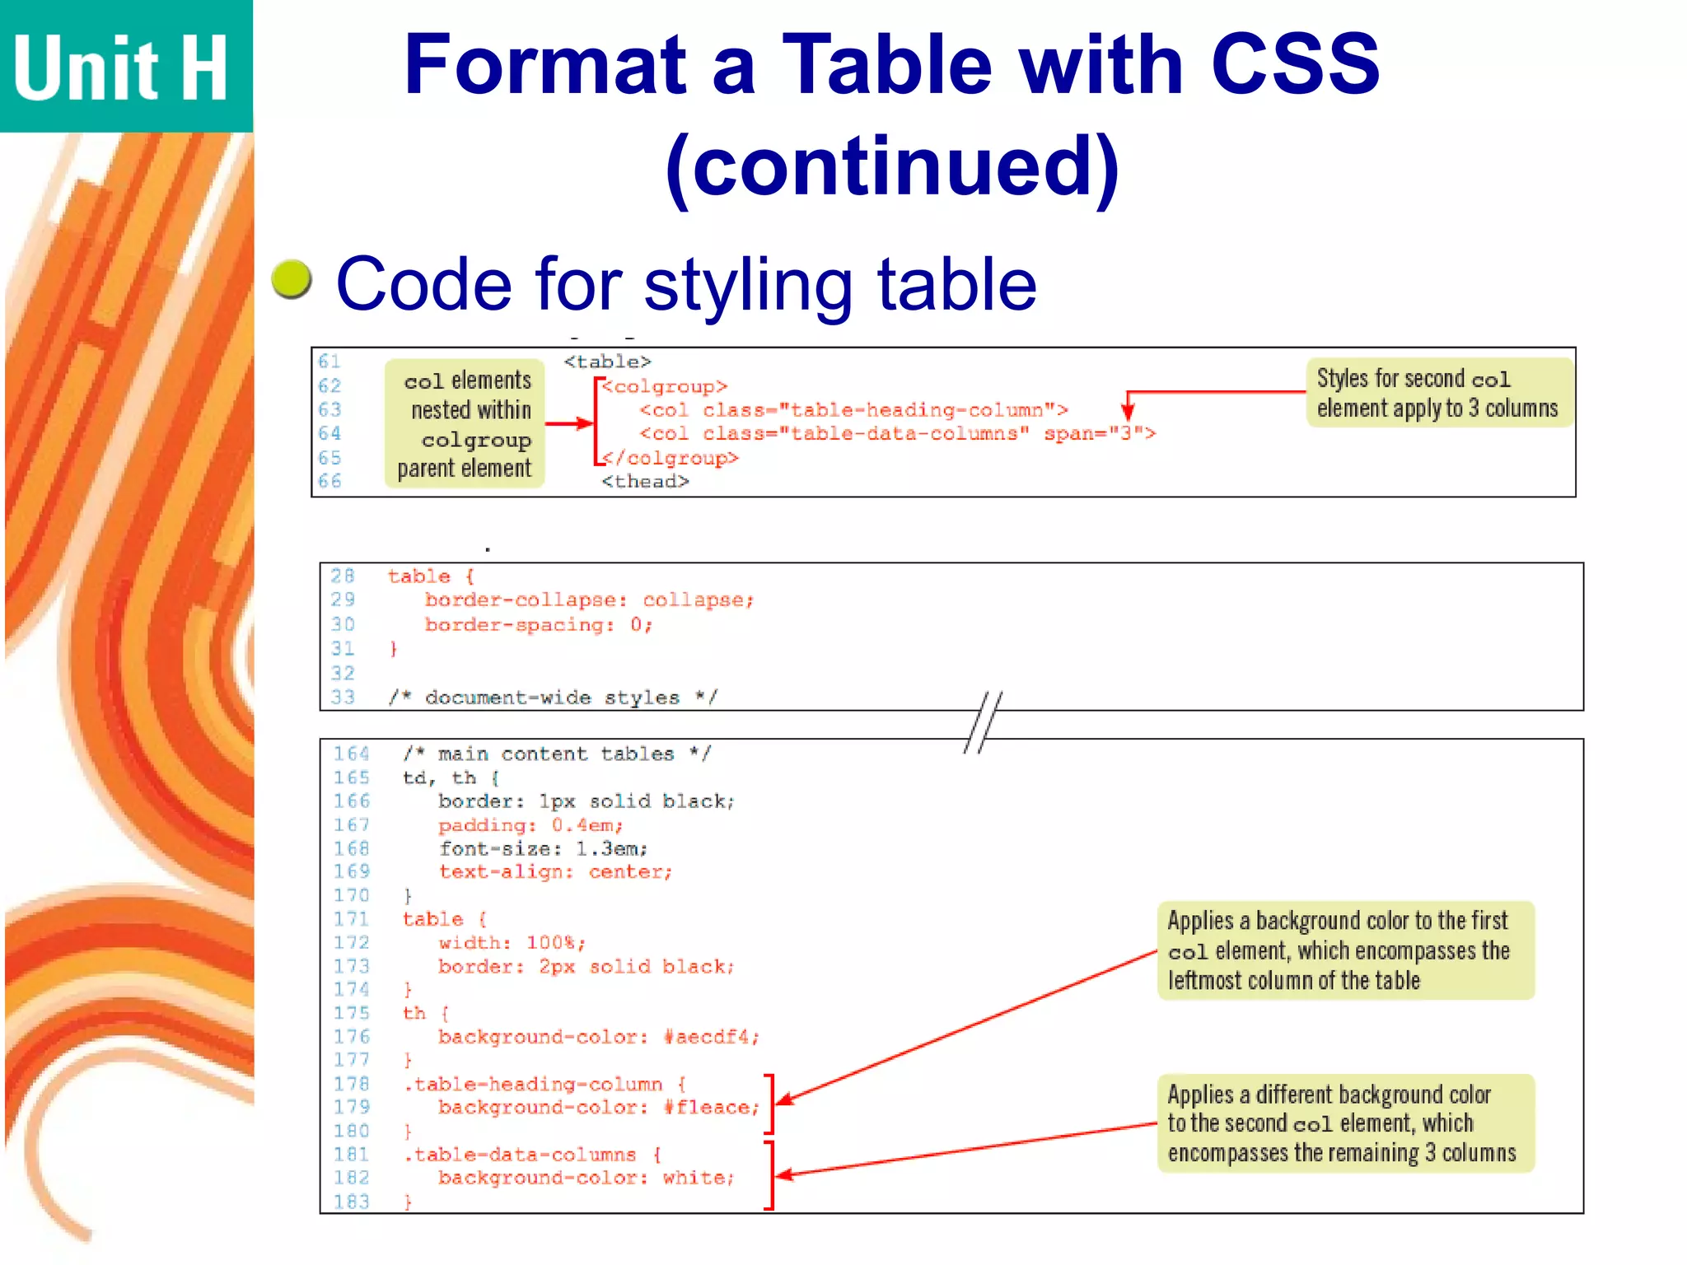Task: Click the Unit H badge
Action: [124, 66]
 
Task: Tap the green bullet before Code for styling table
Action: [292, 279]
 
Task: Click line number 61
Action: [329, 362]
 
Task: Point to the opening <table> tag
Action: [608, 362]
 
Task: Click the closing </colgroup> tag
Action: [671, 458]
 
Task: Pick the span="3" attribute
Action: [1100, 434]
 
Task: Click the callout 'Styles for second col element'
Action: [1438, 393]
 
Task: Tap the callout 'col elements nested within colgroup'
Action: [465, 423]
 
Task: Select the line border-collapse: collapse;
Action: [589, 600]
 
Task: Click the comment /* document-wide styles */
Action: [553, 698]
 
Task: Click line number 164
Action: [352, 754]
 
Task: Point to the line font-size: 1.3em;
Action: [543, 848]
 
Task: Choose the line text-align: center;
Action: [555, 872]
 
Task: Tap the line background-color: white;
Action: [586, 1179]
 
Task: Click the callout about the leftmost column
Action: [1345, 950]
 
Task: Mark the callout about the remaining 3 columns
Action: [1345, 1123]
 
